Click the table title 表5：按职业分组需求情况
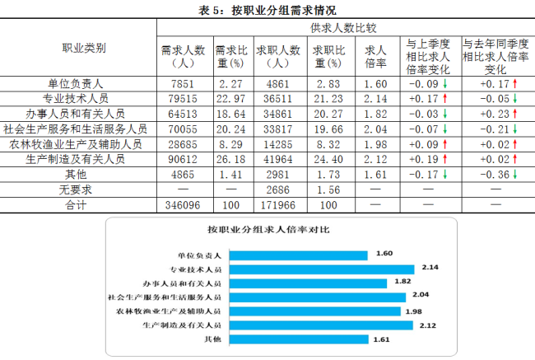tap(267, 9)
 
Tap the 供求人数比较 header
tap(345, 28)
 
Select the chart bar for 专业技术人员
tap(320, 269)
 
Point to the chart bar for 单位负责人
tap(296, 255)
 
